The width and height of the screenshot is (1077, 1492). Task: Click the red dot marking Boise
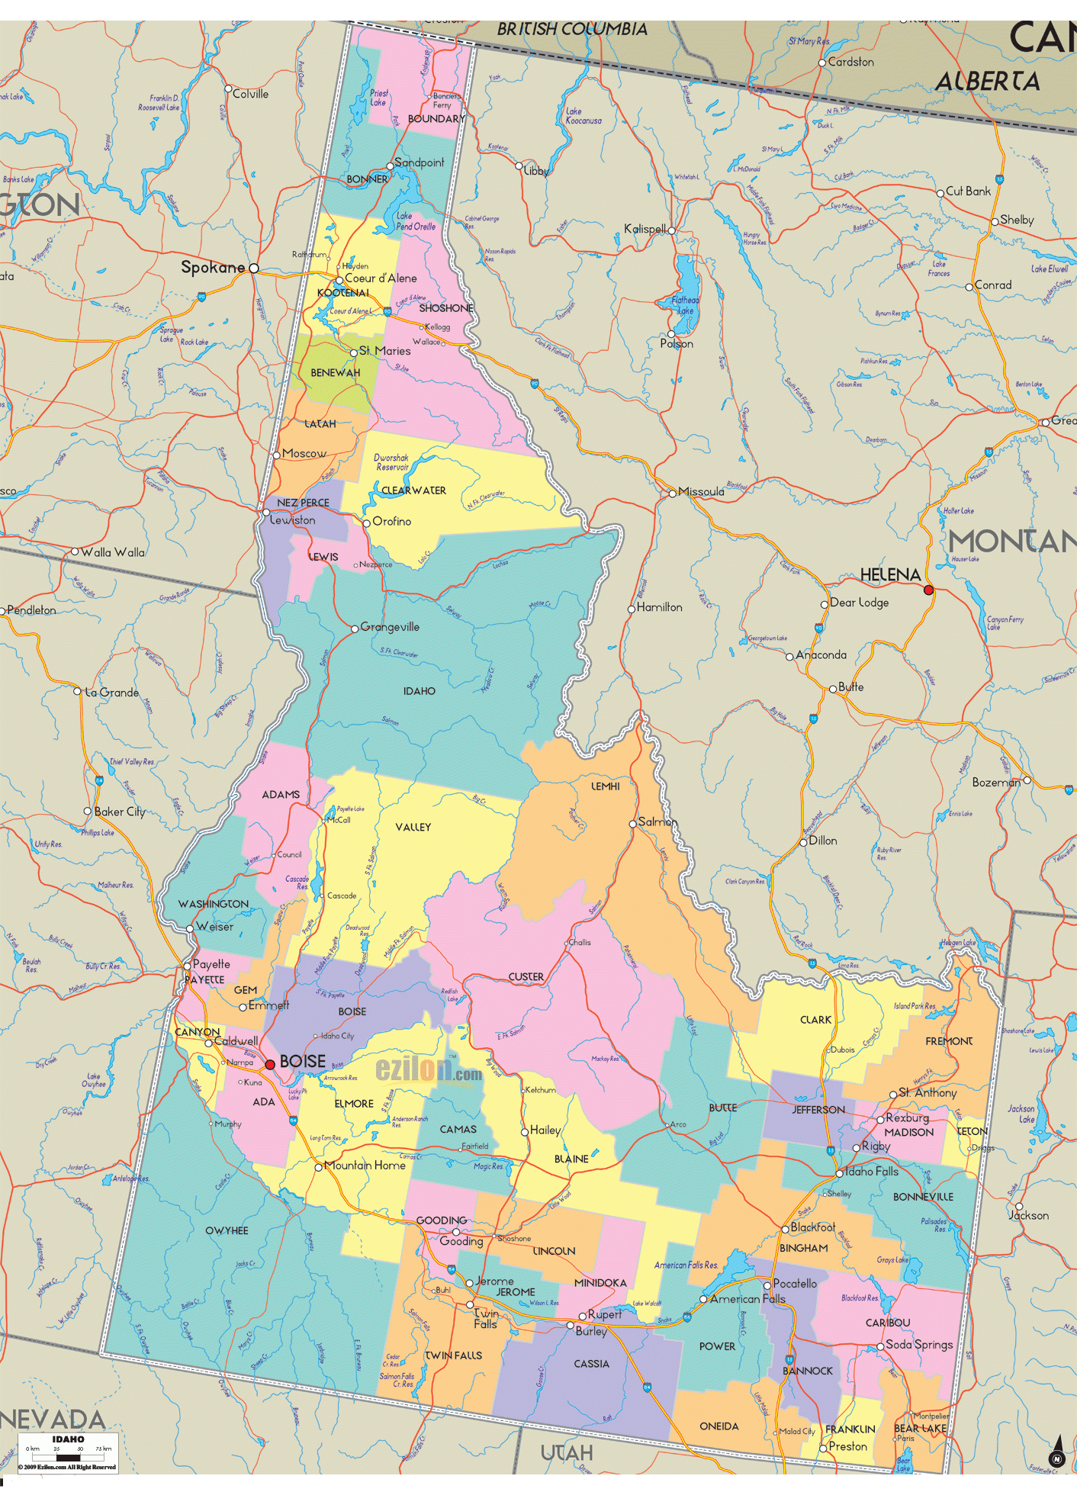270,1064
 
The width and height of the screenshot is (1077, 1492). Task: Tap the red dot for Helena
928,590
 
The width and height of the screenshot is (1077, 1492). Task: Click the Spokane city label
213,267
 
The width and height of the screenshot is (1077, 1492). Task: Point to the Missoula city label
701,491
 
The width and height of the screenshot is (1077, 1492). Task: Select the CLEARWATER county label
413,490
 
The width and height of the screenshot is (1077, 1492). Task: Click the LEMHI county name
606,786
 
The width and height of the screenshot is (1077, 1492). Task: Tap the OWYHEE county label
227,1230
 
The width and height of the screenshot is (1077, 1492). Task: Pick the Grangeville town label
390,626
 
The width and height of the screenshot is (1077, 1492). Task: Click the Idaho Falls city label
872,1171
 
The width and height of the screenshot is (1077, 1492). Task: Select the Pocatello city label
795,1283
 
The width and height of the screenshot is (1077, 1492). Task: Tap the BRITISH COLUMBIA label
572,29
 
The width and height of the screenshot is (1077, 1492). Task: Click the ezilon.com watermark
429,1070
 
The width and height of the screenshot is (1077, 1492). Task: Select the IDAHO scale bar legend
68,1452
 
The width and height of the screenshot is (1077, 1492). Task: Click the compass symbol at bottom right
1056,1452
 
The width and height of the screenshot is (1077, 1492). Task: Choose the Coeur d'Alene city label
381,278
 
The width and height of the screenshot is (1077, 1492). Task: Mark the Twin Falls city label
485,1319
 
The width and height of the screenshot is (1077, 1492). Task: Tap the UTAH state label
567,1452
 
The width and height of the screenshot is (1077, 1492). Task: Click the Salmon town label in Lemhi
657,822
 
